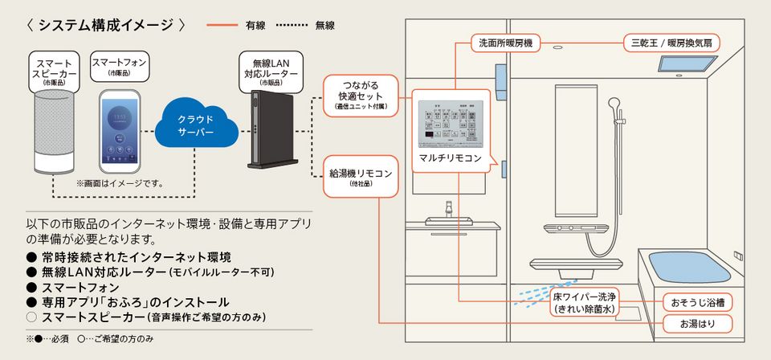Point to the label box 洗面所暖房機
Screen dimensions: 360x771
[505, 42]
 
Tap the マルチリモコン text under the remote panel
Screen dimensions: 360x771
[450, 158]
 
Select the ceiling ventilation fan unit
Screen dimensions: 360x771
[688, 62]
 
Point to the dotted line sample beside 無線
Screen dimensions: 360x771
[293, 25]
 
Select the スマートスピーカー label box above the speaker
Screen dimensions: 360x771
[55, 71]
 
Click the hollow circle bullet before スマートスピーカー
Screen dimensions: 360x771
[32, 317]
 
